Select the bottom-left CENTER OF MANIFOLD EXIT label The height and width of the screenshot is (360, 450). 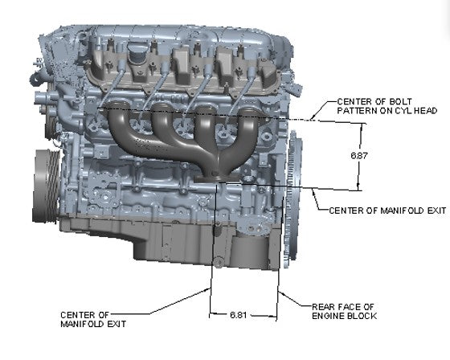(x=88, y=318)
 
